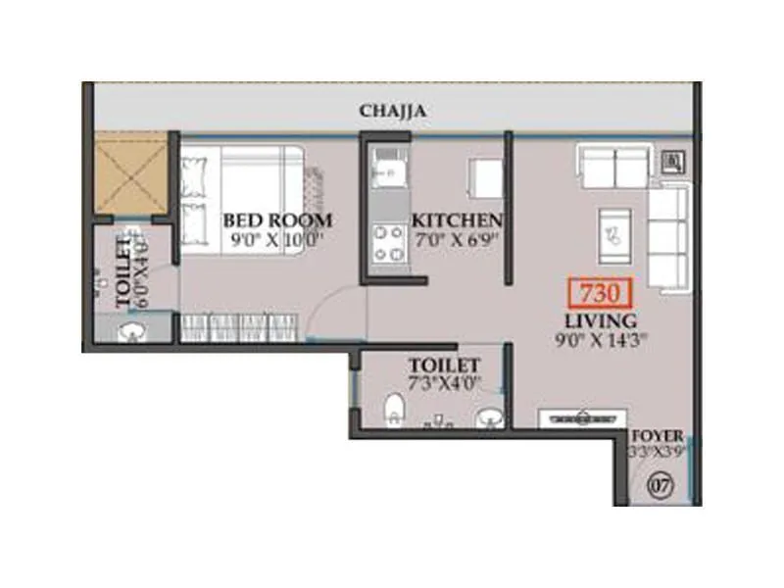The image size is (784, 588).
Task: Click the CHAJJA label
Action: pyautogui.click(x=392, y=112)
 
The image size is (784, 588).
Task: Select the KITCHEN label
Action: pyautogui.click(x=457, y=220)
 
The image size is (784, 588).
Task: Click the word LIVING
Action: pyautogui.click(x=600, y=320)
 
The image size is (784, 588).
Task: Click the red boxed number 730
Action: pyautogui.click(x=598, y=293)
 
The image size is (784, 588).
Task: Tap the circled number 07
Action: pyautogui.click(x=660, y=483)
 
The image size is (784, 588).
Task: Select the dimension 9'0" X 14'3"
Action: pyautogui.click(x=600, y=341)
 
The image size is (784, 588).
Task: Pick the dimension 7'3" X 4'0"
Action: pyautogui.click(x=445, y=383)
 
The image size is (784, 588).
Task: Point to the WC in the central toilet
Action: pyautogui.click(x=393, y=410)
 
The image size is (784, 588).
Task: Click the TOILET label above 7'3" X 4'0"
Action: pyautogui.click(x=444, y=365)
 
